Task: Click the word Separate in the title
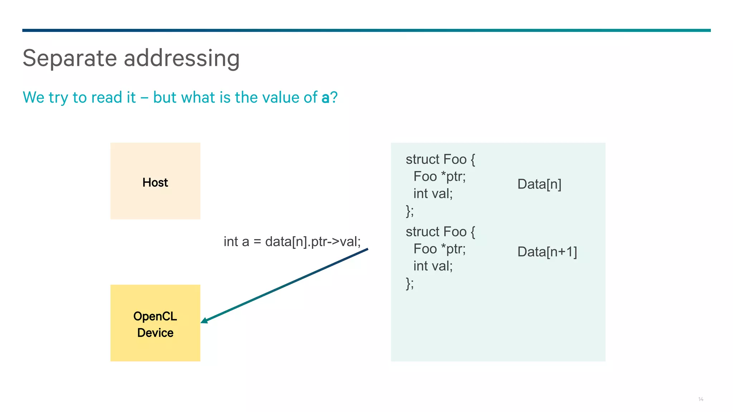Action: (x=70, y=58)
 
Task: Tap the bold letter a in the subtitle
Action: (x=325, y=98)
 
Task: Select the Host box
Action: (x=155, y=181)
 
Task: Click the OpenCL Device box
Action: (x=155, y=323)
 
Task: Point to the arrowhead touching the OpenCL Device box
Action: (x=205, y=320)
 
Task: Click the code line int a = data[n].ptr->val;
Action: (x=292, y=241)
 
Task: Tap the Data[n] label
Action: (x=539, y=184)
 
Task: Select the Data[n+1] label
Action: (x=547, y=252)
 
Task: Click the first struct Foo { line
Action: (x=440, y=160)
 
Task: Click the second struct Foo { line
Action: (x=440, y=232)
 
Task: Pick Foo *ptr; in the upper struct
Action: (x=440, y=177)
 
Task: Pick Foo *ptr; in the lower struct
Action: (x=440, y=249)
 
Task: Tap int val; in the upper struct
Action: (x=433, y=194)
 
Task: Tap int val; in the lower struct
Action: (x=433, y=266)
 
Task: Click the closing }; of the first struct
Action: (x=410, y=211)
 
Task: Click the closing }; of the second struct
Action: (x=410, y=283)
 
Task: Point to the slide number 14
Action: (x=700, y=399)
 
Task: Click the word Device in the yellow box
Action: (x=155, y=333)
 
